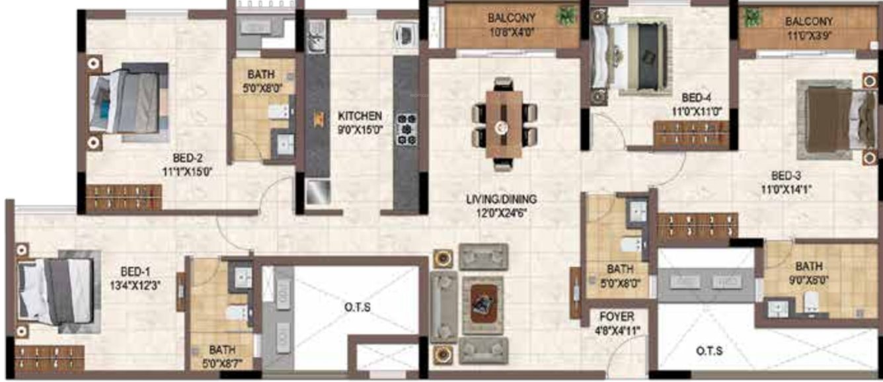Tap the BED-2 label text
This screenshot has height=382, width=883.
click(188, 159)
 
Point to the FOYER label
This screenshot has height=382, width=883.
click(617, 317)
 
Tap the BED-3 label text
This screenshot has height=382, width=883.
click(786, 176)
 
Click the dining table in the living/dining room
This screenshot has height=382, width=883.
click(504, 124)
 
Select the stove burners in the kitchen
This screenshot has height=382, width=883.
click(406, 129)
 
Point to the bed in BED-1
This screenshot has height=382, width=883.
click(56, 291)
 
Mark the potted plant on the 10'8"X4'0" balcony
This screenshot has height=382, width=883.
click(565, 15)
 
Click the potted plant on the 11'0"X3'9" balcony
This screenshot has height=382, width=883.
click(752, 18)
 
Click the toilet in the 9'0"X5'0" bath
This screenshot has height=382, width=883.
click(809, 303)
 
